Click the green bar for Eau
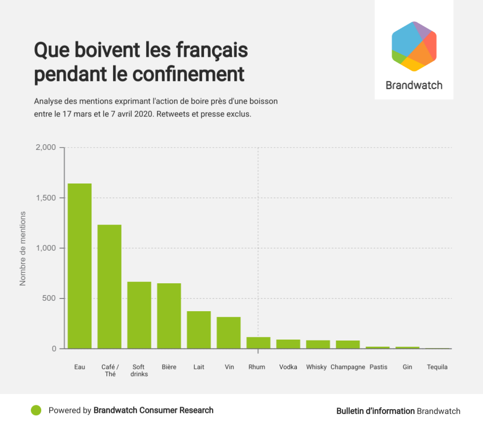[80, 266]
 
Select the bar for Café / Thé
[109, 287]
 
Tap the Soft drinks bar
[139, 315]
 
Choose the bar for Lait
[199, 330]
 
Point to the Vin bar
[229, 333]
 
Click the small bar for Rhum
[259, 343]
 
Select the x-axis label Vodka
[288, 367]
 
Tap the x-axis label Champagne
[348, 367]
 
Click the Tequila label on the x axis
[437, 367]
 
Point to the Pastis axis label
[378, 367]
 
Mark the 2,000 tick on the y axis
[46, 148]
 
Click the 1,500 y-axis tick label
[46, 198]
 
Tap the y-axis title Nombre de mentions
[22, 248]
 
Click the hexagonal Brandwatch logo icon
[414, 46]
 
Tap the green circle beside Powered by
[36, 411]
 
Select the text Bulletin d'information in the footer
[375, 411]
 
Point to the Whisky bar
[318, 344]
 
